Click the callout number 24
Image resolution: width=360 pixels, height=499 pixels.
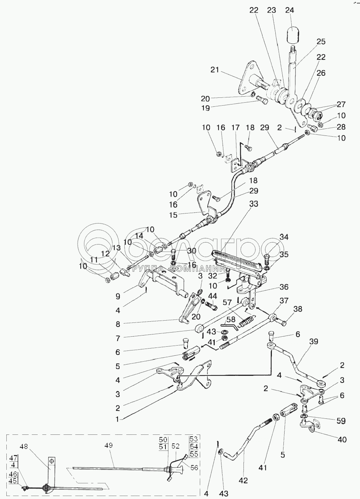(x=289, y=10)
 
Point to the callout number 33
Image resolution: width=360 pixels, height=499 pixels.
(x=254, y=204)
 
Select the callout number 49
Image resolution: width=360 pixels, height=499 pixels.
(x=109, y=445)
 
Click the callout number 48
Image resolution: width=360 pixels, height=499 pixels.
(x=24, y=446)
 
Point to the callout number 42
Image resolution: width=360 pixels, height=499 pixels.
(x=244, y=481)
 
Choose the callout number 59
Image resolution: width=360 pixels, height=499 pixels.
(x=340, y=421)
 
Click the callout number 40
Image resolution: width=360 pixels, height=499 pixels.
(x=342, y=440)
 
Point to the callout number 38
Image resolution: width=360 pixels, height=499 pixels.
(x=298, y=309)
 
